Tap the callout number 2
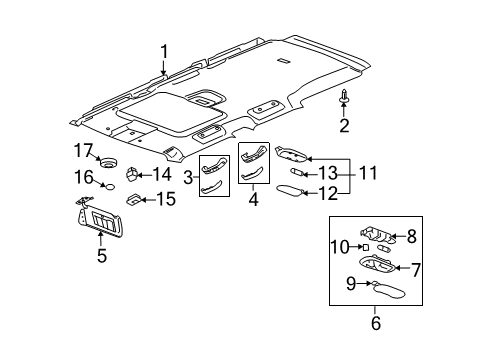pos(343,126)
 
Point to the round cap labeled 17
pos(107,162)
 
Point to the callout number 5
pos(101,254)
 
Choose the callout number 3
pos(187,177)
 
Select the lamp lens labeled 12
pos(294,188)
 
